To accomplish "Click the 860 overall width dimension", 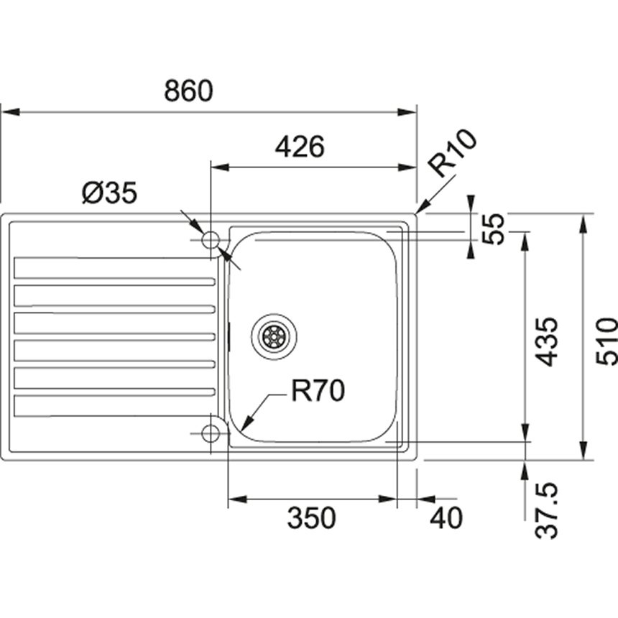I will click(x=189, y=91).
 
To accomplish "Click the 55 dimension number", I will click(x=494, y=229).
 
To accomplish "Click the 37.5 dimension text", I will click(x=548, y=512).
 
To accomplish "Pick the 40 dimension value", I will click(x=446, y=517).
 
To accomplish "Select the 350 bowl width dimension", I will click(x=311, y=517).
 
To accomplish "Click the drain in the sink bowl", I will click(x=273, y=334).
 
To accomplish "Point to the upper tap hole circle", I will click(x=211, y=240).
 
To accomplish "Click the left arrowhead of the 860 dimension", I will click(x=6, y=112).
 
